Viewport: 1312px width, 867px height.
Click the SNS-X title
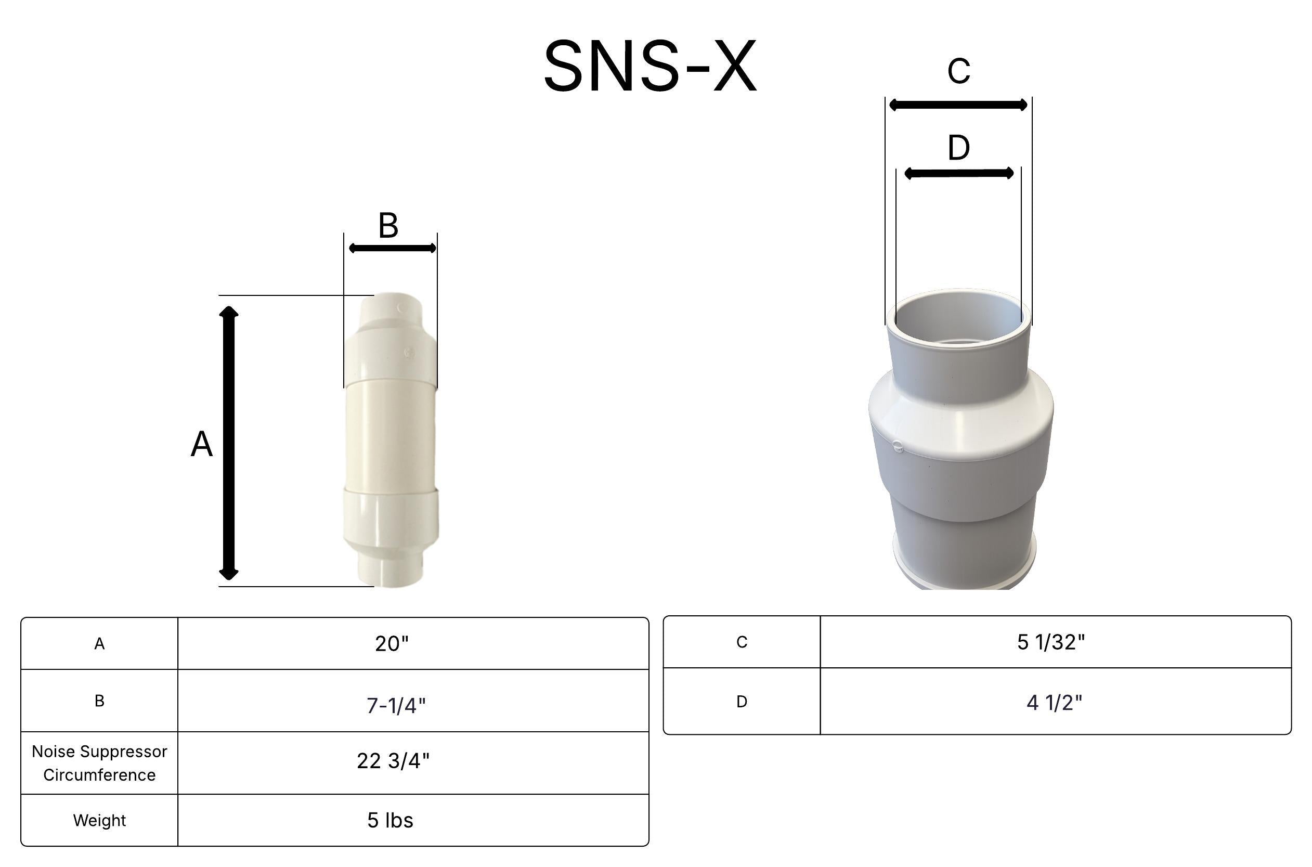click(649, 67)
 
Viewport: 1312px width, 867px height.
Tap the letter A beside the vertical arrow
click(201, 445)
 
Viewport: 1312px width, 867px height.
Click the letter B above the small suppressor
click(388, 226)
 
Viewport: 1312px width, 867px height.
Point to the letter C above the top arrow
click(958, 71)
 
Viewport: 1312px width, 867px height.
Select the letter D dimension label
click(958, 148)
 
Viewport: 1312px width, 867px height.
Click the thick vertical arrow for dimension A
click(229, 443)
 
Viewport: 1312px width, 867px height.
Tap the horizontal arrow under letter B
click(393, 248)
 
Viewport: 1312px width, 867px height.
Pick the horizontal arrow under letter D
click(958, 174)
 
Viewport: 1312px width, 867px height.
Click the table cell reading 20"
click(392, 643)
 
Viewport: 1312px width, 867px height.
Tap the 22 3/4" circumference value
click(393, 761)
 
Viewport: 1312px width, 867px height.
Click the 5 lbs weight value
click(390, 821)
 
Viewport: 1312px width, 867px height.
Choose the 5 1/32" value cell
click(1050, 642)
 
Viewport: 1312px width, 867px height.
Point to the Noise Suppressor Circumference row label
click(99, 763)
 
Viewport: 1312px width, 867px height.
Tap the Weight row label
click(99, 821)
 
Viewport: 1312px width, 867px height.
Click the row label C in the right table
click(742, 642)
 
